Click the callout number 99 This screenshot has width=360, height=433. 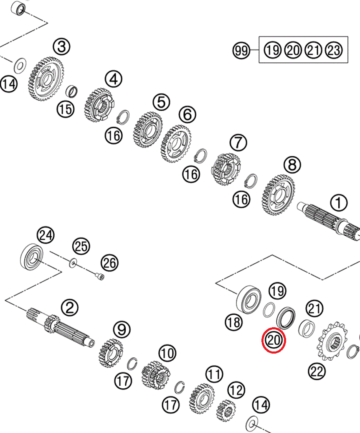[241, 51]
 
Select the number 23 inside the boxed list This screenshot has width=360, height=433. [333, 51]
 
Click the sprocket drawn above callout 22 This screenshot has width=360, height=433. [333, 341]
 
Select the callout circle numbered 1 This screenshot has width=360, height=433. [338, 204]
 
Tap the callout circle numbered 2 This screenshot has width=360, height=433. [69, 308]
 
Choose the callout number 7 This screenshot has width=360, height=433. [238, 143]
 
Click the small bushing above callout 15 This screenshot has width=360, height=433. [74, 91]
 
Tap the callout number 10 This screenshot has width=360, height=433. [167, 353]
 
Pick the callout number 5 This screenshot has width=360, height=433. [161, 101]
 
